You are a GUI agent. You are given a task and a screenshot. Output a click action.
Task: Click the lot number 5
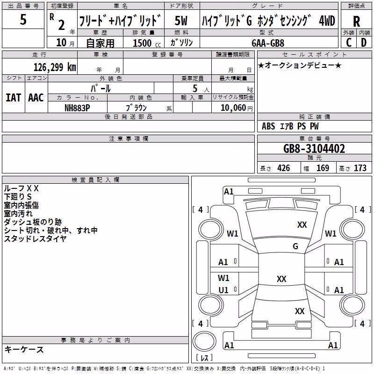tap(23, 19)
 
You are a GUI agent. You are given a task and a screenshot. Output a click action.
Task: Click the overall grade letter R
tap(356, 22)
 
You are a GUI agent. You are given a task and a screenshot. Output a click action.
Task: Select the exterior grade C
tap(349, 43)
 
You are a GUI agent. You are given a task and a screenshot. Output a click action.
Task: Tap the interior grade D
tap(364, 43)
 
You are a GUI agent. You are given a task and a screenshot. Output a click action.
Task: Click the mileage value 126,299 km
tap(55, 67)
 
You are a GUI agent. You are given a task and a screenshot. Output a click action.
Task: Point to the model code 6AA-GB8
tap(268, 43)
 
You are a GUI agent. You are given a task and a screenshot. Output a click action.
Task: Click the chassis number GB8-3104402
tap(314, 149)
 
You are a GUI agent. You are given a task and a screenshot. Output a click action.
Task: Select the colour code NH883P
tap(77, 108)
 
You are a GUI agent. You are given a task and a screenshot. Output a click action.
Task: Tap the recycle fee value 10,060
tap(233, 108)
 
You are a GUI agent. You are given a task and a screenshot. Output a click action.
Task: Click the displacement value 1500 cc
tap(147, 43)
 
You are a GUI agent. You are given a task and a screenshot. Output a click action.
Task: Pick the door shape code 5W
tap(181, 21)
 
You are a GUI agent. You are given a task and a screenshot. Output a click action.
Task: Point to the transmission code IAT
tap(14, 98)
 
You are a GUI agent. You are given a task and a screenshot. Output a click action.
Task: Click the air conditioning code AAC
tap(36, 98)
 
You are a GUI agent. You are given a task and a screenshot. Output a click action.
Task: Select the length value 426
tap(284, 168)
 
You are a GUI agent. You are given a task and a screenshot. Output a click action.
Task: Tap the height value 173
tap(360, 168)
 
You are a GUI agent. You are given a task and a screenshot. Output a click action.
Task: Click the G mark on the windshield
tap(295, 246)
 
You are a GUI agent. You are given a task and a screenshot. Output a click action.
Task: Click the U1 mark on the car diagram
tap(223, 290)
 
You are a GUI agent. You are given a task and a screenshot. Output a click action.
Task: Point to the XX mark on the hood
tap(302, 225)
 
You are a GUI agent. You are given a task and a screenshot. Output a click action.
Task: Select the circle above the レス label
tap(204, 341)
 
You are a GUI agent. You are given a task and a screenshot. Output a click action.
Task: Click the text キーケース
tap(24, 350)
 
